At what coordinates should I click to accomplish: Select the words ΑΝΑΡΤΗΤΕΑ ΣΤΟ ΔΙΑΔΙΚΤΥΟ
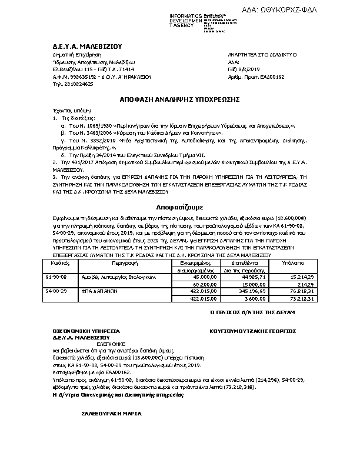(262, 54)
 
